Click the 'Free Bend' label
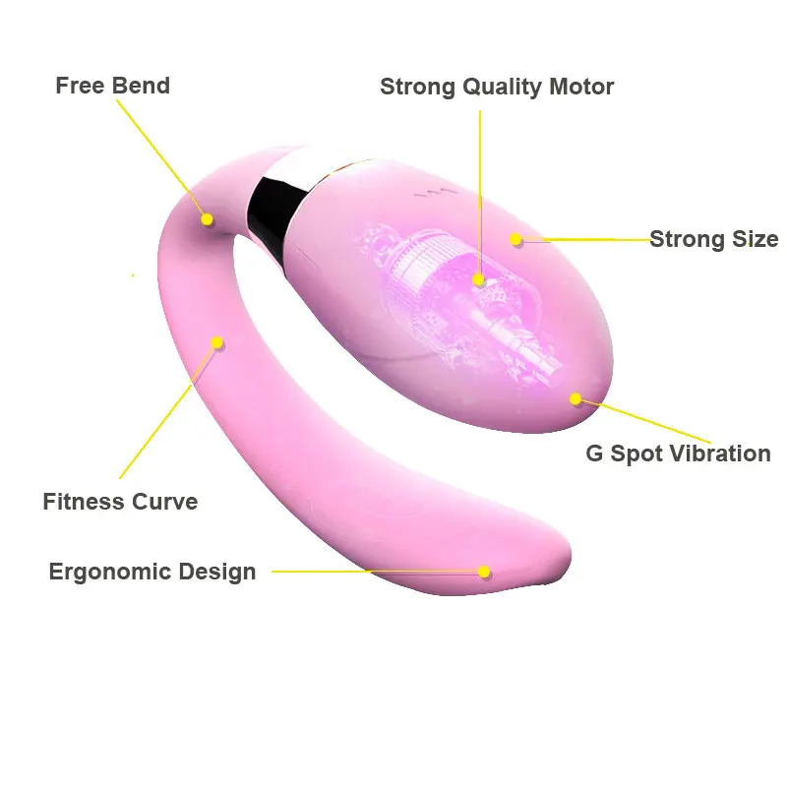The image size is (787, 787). click(x=112, y=86)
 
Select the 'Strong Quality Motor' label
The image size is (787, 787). click(x=497, y=87)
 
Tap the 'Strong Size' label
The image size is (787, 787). click(x=713, y=239)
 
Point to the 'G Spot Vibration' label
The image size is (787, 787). click(x=678, y=454)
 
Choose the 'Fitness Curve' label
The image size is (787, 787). click(x=120, y=502)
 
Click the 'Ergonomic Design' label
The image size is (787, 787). click(x=152, y=572)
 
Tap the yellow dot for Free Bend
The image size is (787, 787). click(x=208, y=219)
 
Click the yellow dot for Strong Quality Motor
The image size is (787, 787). click(x=479, y=279)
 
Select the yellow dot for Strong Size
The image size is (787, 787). click(x=516, y=239)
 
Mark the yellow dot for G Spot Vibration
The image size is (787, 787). click(x=575, y=399)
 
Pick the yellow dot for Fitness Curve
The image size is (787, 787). click(x=217, y=342)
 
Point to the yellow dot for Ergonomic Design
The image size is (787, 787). click(x=484, y=572)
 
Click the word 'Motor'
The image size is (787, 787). click(x=582, y=87)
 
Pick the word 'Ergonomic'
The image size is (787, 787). click(x=106, y=572)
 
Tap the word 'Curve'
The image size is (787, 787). click(x=164, y=502)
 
